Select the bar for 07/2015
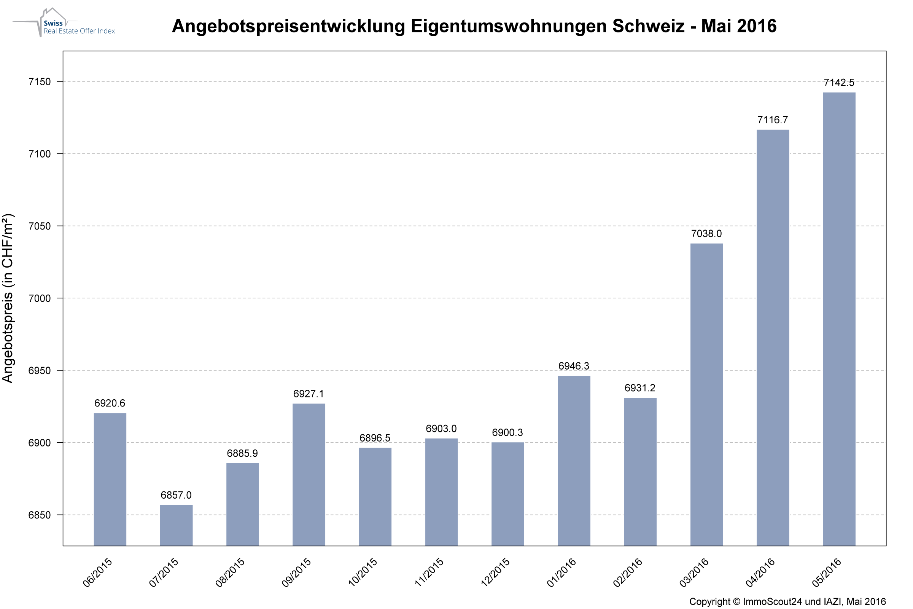click(176, 525)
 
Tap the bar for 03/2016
click(706, 394)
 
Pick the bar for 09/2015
click(309, 474)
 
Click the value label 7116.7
click(773, 120)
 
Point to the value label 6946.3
click(574, 366)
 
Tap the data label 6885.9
click(242, 453)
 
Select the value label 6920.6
click(110, 403)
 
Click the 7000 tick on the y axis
click(40, 298)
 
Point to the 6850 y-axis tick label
click(40, 515)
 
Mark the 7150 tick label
click(40, 81)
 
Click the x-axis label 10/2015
click(363, 572)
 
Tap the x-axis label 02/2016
click(628, 572)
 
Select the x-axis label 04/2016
click(760, 572)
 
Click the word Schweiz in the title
click(648, 26)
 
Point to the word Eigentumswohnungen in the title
click(509, 26)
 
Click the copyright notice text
click(787, 602)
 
